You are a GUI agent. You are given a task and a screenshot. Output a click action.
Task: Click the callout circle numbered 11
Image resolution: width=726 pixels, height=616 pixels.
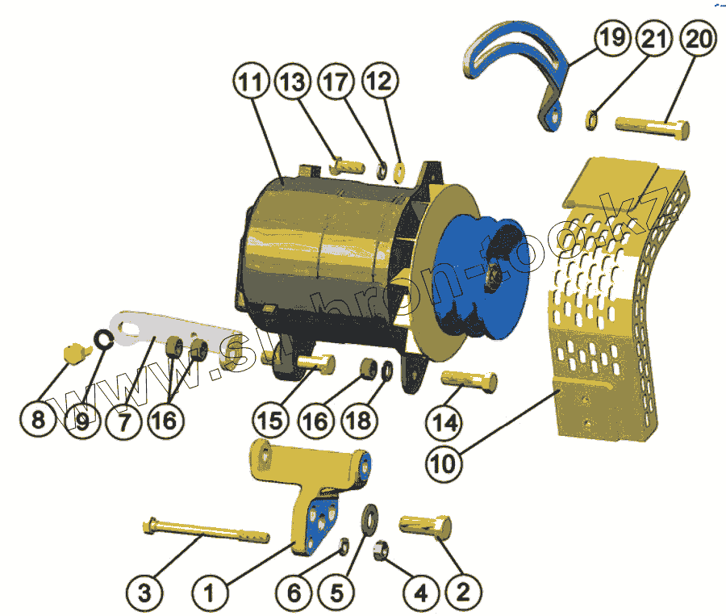click(251, 82)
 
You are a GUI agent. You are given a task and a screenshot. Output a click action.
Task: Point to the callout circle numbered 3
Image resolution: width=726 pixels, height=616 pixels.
click(144, 593)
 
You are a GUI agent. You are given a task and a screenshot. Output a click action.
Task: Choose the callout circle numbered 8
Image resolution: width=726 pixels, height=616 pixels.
click(38, 420)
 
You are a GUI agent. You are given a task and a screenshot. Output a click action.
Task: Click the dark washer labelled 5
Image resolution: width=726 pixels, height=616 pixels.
click(372, 518)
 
